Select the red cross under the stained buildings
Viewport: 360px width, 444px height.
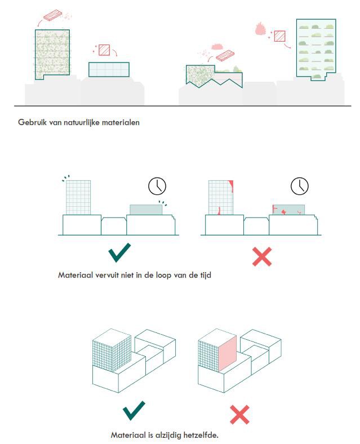pyautogui.click(x=261, y=256)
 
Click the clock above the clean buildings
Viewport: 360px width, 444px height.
pyautogui.click(x=158, y=187)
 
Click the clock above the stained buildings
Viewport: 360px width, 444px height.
pyautogui.click(x=300, y=186)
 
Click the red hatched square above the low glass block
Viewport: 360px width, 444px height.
pyautogui.click(x=104, y=50)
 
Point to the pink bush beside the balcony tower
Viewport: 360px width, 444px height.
pyautogui.click(x=260, y=27)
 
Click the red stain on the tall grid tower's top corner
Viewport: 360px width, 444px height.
pyautogui.click(x=231, y=185)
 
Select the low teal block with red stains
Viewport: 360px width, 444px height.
pyautogui.click(x=288, y=210)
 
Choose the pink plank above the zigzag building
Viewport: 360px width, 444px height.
pyautogui.click(x=225, y=56)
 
